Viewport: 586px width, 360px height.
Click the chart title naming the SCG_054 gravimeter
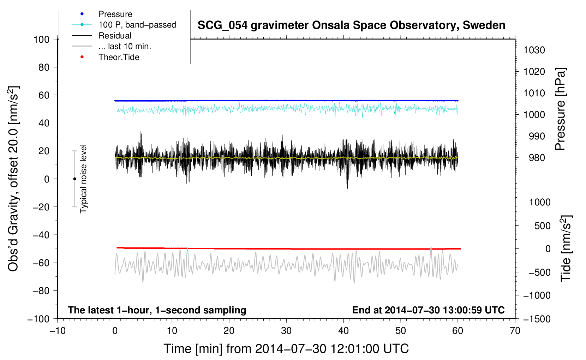click(351, 25)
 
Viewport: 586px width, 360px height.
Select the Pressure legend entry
click(115, 14)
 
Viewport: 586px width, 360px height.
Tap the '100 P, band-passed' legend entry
click(137, 25)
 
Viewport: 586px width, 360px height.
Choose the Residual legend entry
click(115, 36)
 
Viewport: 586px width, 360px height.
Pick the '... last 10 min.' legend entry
click(125, 46)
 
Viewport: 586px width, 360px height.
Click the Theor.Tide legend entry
click(119, 57)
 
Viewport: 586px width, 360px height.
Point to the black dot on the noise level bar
click(74, 179)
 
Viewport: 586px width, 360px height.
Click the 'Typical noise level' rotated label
click(83, 179)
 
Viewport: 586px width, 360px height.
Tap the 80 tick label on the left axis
click(44, 67)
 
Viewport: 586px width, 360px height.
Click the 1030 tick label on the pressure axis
click(534, 50)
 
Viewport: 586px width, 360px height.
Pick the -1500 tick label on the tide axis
click(537, 319)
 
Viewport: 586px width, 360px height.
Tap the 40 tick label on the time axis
click(343, 331)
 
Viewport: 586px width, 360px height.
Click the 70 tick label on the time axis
click(515, 331)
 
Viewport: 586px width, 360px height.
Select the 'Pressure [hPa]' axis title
click(560, 109)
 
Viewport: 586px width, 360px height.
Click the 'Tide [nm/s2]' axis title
click(566, 248)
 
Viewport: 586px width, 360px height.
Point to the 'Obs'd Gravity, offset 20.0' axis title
click(13, 179)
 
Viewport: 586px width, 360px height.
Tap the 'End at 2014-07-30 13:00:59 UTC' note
click(428, 310)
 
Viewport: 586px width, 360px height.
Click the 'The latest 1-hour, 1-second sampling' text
click(157, 310)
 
